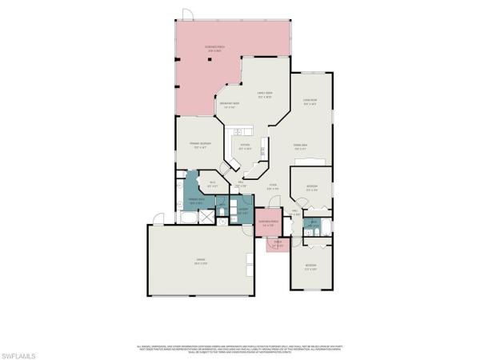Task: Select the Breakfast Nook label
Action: tap(230, 106)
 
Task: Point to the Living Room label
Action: tap(310, 102)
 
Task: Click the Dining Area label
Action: tap(301, 146)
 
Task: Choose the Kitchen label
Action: tap(245, 147)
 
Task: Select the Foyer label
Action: tap(272, 188)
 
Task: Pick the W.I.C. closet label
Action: tap(214, 186)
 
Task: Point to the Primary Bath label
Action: tap(194, 202)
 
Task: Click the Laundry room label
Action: tap(243, 212)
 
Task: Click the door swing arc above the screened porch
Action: tap(186, 14)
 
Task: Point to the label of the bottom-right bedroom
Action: tap(310, 266)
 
